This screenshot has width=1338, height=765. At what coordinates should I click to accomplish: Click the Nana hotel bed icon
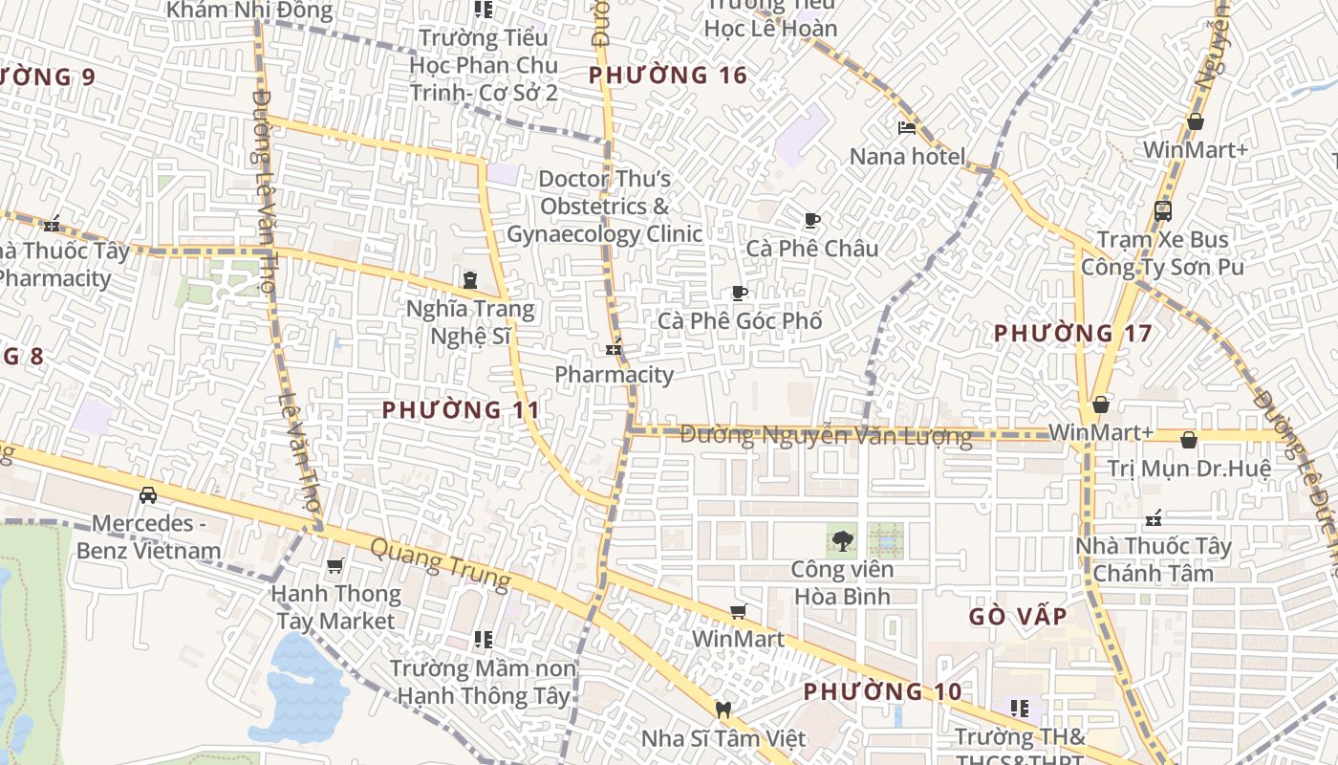(x=907, y=128)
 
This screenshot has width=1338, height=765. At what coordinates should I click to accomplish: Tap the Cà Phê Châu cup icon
(x=811, y=221)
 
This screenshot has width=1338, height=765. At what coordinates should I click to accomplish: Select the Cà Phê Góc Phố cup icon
(x=739, y=293)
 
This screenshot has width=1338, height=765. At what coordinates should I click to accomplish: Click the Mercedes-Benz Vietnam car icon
(x=148, y=495)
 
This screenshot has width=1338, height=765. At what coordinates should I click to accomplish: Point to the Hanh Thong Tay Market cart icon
(x=334, y=566)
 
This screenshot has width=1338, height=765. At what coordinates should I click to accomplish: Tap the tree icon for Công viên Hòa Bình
(x=842, y=541)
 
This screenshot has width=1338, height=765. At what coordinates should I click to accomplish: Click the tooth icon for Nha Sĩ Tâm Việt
(x=723, y=710)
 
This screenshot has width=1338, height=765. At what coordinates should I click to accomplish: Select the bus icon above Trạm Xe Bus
(x=1162, y=211)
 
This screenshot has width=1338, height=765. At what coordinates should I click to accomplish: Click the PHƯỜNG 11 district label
(x=461, y=410)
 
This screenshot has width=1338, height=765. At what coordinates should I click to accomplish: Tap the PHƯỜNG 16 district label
(x=667, y=76)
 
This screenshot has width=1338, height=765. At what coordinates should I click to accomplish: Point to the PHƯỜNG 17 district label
(x=1072, y=334)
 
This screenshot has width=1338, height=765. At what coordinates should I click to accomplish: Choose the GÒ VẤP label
(x=1018, y=617)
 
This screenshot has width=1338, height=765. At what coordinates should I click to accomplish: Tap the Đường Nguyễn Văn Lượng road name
(x=826, y=436)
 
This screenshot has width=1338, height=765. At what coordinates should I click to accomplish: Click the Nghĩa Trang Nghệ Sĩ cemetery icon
(x=469, y=280)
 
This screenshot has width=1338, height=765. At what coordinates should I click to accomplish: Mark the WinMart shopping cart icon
(x=738, y=612)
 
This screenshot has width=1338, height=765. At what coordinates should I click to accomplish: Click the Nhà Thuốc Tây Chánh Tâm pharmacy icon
(x=1154, y=519)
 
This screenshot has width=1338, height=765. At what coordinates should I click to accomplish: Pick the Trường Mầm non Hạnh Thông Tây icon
(x=484, y=639)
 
